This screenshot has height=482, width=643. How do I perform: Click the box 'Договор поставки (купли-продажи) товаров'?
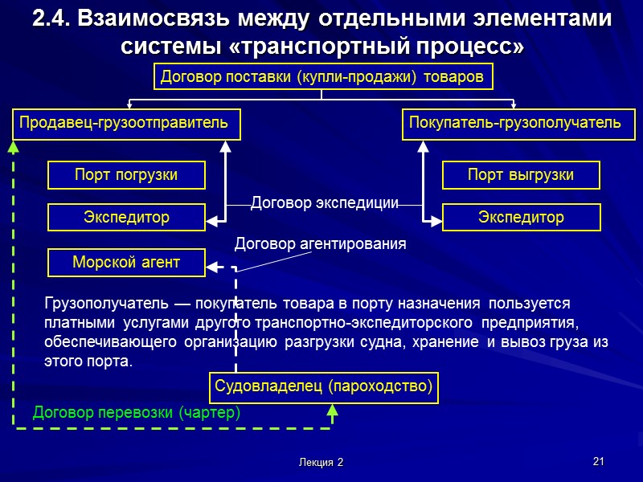[321, 77]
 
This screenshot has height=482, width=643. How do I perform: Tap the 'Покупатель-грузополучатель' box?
[515, 124]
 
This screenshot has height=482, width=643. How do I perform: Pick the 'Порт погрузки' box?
[126, 174]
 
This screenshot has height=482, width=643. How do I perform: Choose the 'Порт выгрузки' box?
[521, 174]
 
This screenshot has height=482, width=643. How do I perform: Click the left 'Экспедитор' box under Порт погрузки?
[126, 217]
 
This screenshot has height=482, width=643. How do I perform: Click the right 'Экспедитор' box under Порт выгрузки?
[521, 217]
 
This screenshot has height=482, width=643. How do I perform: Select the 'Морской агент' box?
[126, 262]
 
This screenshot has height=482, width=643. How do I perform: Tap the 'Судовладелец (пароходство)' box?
[323, 388]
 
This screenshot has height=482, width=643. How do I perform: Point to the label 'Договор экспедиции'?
[325, 203]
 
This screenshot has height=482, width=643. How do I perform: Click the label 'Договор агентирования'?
[320, 243]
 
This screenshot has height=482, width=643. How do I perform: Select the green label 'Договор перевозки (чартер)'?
[137, 413]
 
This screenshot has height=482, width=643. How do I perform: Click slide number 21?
[597, 461]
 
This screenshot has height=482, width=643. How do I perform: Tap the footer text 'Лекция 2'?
[320, 463]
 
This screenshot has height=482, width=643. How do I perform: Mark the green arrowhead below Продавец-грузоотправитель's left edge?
[12, 148]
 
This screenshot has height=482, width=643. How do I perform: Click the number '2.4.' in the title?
[50, 19]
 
